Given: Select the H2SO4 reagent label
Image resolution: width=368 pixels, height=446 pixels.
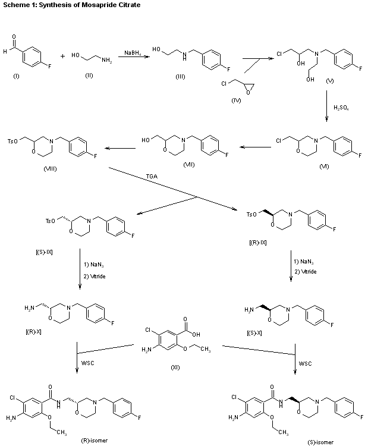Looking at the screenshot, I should [x=341, y=108].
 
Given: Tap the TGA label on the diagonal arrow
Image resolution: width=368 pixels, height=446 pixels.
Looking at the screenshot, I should [x=152, y=177].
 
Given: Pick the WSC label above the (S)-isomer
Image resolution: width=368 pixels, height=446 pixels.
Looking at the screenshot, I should [x=304, y=362].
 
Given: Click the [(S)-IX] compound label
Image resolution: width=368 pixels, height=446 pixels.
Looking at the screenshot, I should [x=43, y=252].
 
